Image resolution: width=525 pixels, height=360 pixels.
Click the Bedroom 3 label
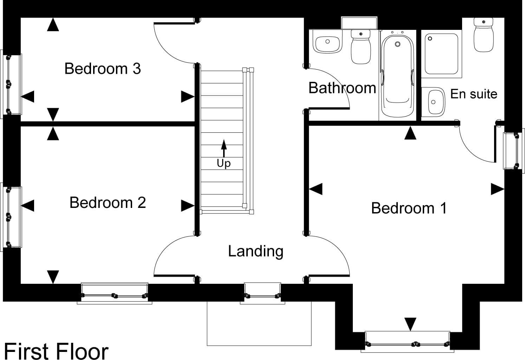(x=103, y=68)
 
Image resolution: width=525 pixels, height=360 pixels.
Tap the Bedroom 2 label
(x=108, y=202)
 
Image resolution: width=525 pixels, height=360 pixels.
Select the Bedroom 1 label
(x=409, y=208)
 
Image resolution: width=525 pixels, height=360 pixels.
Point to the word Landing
(x=256, y=251)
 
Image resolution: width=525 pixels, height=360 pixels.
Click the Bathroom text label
(x=342, y=88)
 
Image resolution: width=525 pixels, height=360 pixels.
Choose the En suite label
(x=474, y=94)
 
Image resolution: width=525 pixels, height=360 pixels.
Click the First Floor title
(x=56, y=351)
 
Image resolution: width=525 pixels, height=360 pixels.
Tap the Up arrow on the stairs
(x=224, y=148)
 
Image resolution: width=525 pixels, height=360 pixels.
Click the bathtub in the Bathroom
(x=397, y=76)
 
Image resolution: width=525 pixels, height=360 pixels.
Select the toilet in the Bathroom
(x=361, y=47)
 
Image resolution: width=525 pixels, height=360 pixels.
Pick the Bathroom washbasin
(x=328, y=44)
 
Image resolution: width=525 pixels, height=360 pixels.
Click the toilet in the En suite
(x=484, y=35)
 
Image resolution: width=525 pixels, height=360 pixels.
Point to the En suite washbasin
(x=433, y=102)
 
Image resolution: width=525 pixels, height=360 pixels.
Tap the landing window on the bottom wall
(x=262, y=294)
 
